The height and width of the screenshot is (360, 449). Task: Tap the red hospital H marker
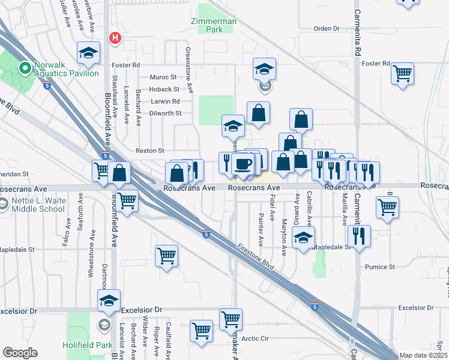pyautogui.click(x=115, y=38)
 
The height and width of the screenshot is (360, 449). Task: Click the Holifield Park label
pyautogui.click(x=88, y=345)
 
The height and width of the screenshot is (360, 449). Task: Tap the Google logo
pyautogui.click(x=20, y=353)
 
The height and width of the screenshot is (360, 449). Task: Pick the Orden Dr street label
pyautogui.click(x=327, y=28)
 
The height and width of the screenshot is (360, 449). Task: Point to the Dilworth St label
pyautogui.click(x=165, y=113)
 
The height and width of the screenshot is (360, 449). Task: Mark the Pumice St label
pyautogui.click(x=380, y=266)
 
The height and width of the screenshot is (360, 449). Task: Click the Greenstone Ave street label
pyautogui.click(x=188, y=70)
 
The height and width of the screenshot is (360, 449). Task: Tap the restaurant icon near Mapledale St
pyautogui.click(x=360, y=235)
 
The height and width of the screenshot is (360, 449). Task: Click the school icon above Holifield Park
pyautogui.click(x=109, y=300)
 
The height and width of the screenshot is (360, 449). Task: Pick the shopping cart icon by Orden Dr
pyautogui.click(x=408, y=2)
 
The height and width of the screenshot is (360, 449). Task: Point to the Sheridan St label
pyautogui.click(x=13, y=173)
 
